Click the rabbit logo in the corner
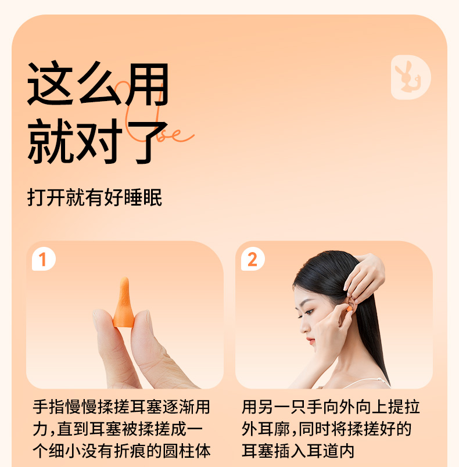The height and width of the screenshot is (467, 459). [x=411, y=77]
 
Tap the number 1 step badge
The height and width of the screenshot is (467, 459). [x=44, y=259]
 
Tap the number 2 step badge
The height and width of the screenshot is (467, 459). [x=253, y=259]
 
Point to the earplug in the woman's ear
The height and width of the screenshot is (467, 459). [x=349, y=309]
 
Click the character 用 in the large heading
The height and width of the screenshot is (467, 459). [x=146, y=85]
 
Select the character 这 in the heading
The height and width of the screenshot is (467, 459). [x=50, y=84]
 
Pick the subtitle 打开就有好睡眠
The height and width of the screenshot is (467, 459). [x=95, y=197]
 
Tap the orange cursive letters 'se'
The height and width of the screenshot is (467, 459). [x=175, y=135]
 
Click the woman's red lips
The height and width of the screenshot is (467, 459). [x=311, y=340]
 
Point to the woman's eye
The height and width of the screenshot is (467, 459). [x=309, y=312]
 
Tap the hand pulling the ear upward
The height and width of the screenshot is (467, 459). [x=364, y=278]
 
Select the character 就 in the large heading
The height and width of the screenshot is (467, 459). [x=50, y=142]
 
